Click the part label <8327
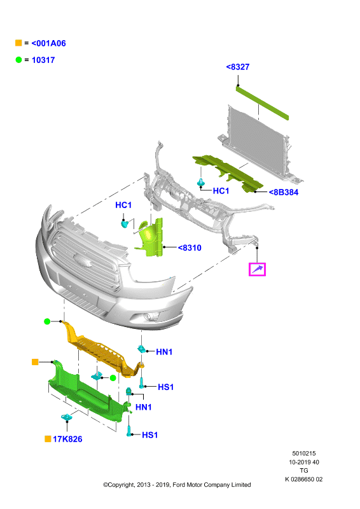238,67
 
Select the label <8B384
284,192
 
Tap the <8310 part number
190,248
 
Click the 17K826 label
67,439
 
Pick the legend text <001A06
49,43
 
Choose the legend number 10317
43,60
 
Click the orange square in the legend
18,43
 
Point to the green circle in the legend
18,60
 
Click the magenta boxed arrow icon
257,269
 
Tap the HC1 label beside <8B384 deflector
221,191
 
